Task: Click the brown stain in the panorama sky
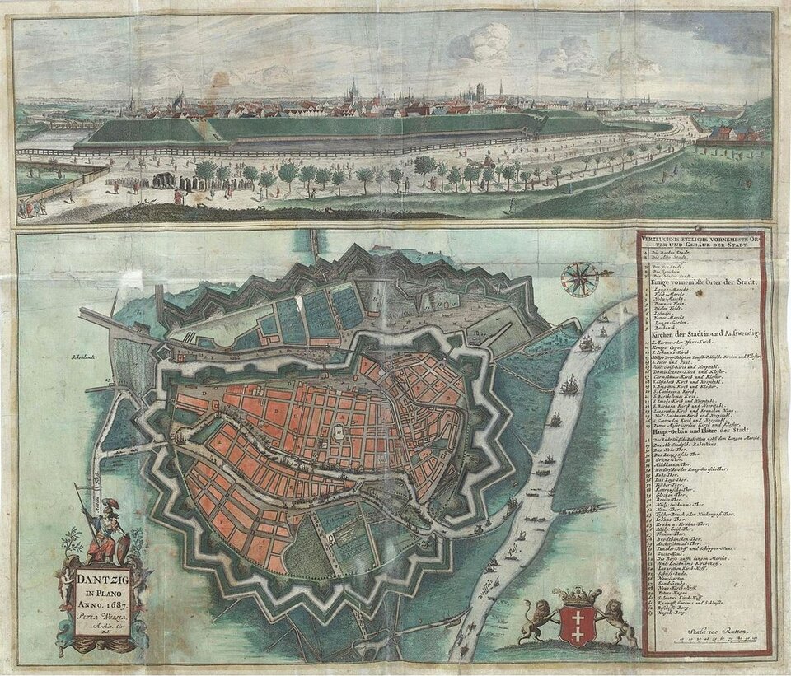point(220,79)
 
